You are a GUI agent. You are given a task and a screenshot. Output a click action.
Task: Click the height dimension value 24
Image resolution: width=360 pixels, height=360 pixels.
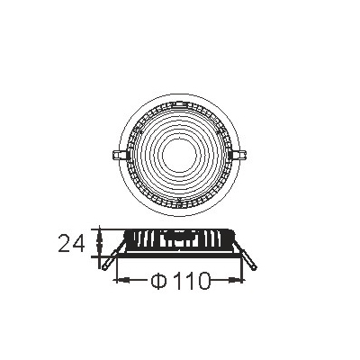click(x=71, y=243)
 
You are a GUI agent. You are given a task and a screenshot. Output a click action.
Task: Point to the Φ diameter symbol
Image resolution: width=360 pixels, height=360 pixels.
click(x=158, y=281)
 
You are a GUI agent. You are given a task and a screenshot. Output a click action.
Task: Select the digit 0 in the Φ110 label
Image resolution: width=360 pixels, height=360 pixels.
click(x=202, y=281)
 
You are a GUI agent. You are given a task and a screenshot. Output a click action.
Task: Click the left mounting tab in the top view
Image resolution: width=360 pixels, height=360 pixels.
click(x=120, y=156)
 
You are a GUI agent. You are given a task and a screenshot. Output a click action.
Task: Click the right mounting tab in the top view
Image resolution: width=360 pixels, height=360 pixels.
click(x=239, y=156)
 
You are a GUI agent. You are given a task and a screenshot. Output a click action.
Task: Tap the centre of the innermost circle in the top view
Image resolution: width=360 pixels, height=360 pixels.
click(x=179, y=155)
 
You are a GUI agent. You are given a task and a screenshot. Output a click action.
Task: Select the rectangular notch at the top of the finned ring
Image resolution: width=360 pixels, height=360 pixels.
click(x=179, y=104)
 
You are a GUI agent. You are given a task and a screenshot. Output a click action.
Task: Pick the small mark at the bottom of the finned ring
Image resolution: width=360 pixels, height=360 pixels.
click(x=179, y=204)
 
